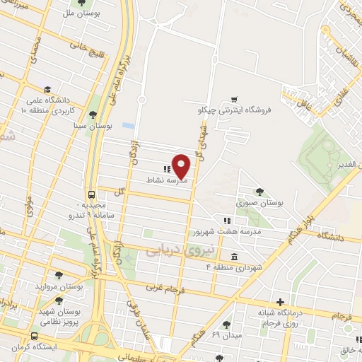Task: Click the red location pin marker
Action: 181,165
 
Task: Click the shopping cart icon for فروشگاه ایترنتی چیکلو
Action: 234,100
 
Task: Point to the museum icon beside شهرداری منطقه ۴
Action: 233,256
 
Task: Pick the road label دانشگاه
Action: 329,234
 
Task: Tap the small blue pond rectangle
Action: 128,125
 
